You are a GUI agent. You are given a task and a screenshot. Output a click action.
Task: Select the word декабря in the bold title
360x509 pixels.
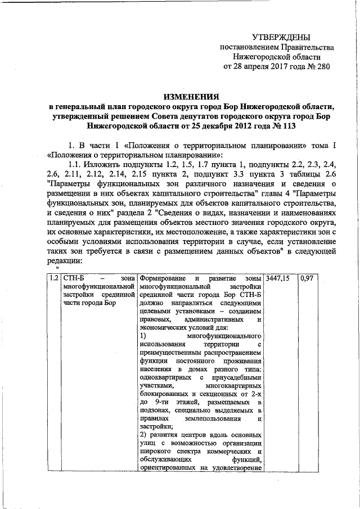[213, 127]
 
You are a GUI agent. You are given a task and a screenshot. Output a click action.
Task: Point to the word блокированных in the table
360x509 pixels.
[166, 395]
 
